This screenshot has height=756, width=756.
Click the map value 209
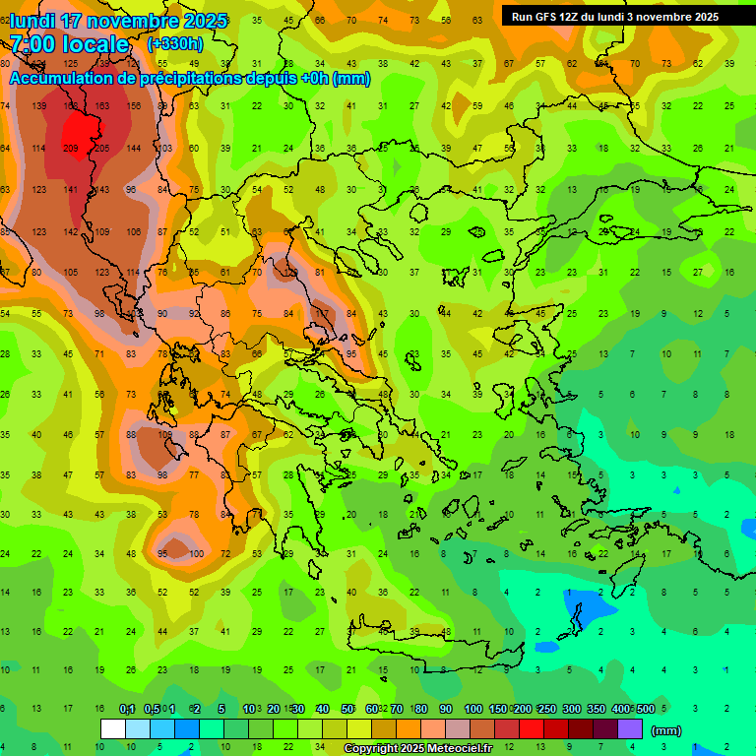pos(70,148)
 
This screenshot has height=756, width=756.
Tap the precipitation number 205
pos(101,148)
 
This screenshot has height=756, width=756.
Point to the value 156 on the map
pos(134,105)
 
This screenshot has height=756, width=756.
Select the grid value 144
pos(134,148)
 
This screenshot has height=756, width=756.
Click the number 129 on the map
pos(290,272)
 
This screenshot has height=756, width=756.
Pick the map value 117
pos(321,313)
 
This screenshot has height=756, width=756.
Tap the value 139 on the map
pos(38,105)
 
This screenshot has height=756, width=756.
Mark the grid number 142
pos(70,231)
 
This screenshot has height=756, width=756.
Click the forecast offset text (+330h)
pos(175,44)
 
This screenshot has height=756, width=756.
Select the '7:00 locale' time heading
pos(69,44)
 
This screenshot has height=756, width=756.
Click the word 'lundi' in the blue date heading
pos(35,21)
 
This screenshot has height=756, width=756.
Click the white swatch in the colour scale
pos(113,728)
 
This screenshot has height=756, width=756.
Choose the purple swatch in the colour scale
pos(630,728)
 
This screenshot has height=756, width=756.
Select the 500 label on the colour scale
pos(645,709)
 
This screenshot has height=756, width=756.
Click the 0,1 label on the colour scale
pos(127,709)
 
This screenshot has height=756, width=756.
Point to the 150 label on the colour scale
pos(497,709)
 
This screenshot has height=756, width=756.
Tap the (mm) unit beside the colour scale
pos(666,730)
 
